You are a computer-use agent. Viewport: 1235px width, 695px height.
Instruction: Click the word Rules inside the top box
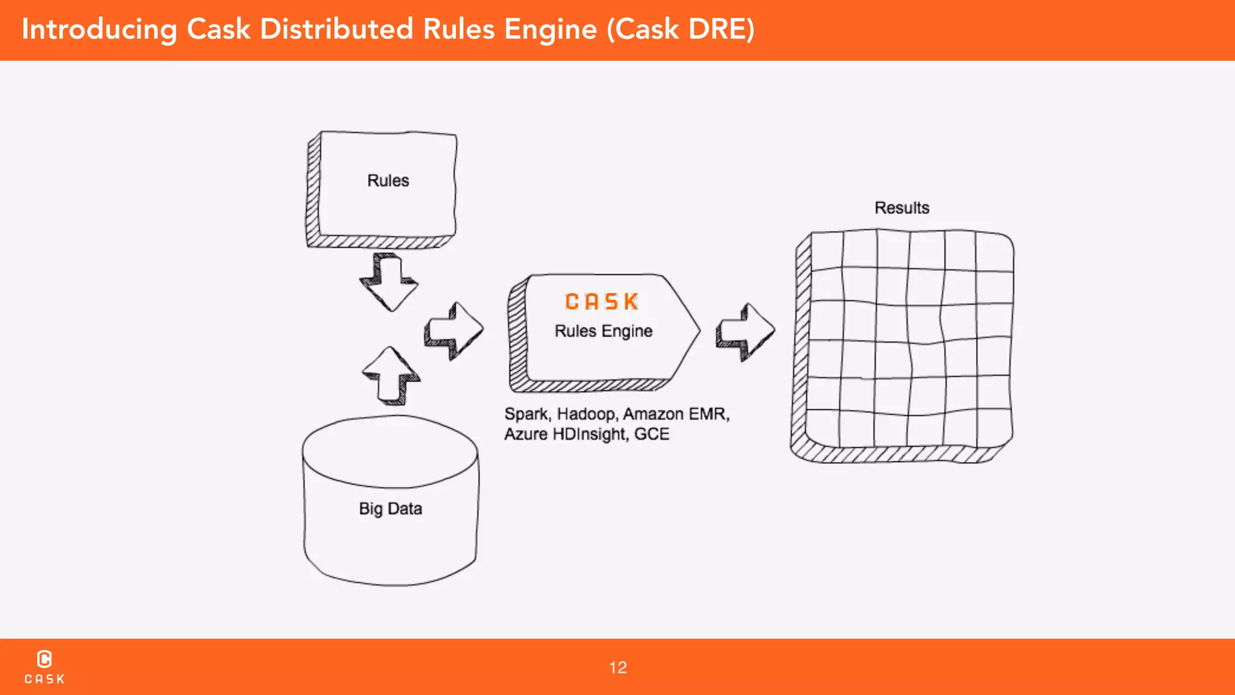[388, 180]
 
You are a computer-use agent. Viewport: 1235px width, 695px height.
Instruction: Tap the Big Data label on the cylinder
[390, 509]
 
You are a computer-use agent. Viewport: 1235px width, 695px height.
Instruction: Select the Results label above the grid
[902, 208]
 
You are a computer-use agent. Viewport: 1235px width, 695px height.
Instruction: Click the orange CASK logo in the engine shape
[601, 302]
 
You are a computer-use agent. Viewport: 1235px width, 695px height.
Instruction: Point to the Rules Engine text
[603, 331]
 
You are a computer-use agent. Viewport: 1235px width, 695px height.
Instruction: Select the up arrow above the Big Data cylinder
[391, 375]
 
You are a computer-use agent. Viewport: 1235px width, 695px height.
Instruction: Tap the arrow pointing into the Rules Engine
[454, 331]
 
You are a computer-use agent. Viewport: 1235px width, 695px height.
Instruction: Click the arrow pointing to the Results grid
[745, 332]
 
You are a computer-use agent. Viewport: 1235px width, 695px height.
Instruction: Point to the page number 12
[617, 667]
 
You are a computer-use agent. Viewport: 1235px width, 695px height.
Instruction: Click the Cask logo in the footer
[45, 667]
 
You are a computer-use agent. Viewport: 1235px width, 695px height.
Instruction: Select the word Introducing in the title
[99, 29]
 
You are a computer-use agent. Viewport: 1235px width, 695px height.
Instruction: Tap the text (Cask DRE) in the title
[680, 29]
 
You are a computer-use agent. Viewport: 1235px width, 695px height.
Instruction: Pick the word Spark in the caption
[526, 414]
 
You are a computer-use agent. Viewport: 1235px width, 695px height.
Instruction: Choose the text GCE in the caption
[652, 434]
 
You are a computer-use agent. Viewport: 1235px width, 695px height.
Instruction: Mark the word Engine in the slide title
[550, 29]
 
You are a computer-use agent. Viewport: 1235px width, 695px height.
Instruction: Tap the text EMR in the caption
[709, 414]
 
